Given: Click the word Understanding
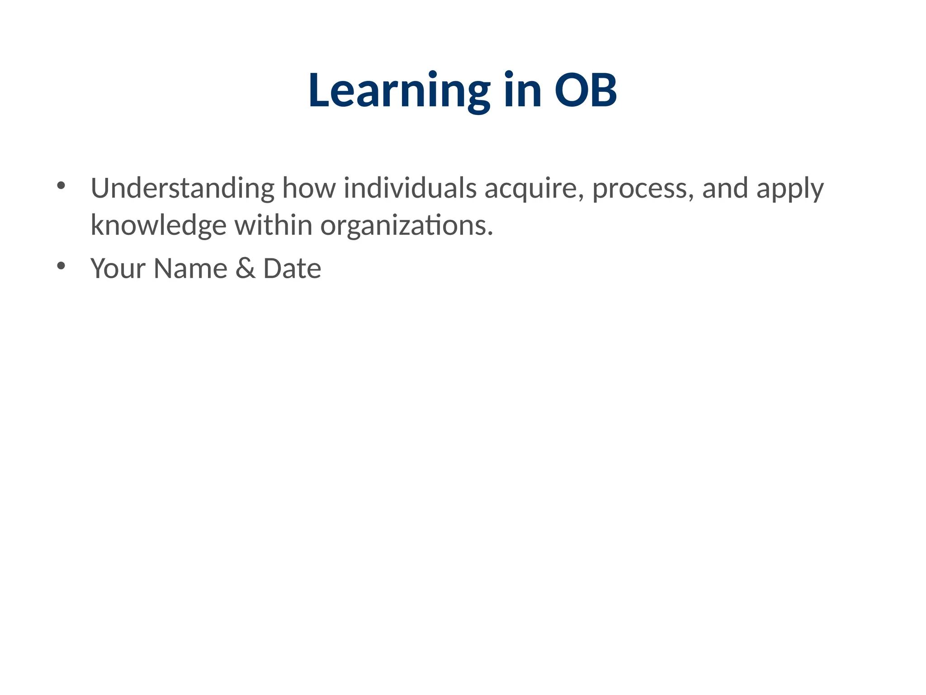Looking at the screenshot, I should pos(182,188).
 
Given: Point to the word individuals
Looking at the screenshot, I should pos(410,188).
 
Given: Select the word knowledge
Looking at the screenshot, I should pos(158,225).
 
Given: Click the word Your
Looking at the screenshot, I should pos(118,269).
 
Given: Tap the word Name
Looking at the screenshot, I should pos(190,269).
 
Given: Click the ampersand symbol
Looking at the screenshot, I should pos(245,269).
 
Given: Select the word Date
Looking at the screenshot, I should pos(292,269).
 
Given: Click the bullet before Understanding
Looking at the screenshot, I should pos(61,186).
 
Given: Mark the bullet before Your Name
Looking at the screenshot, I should pos(61,266).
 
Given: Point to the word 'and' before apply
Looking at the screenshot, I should pos(725,188).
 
